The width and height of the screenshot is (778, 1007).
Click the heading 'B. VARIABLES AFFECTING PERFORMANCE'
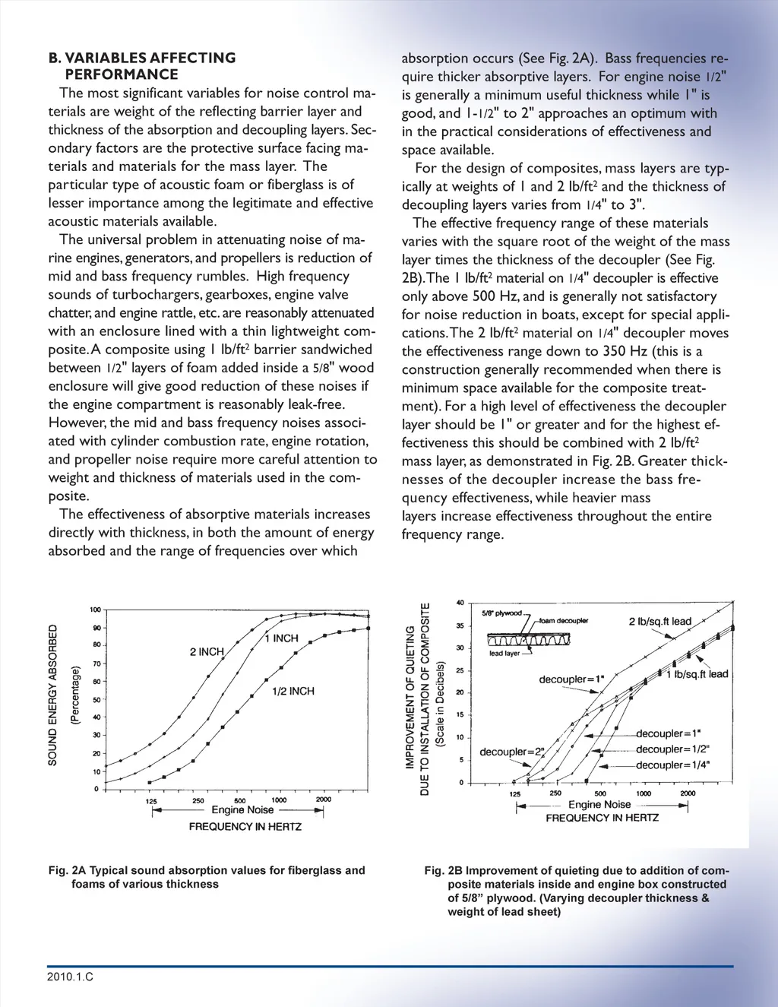pyautogui.click(x=141, y=66)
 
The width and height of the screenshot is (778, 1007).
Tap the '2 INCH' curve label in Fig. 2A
pyautogui.click(x=207, y=651)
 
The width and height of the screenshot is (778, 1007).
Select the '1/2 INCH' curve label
pyautogui.click(x=293, y=691)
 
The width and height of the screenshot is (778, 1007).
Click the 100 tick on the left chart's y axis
pyautogui.click(x=95, y=610)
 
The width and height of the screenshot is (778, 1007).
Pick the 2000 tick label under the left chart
pyautogui.click(x=324, y=800)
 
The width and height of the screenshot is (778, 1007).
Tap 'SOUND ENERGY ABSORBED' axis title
pyautogui.click(x=52, y=695)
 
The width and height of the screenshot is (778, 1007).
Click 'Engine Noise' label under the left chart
pyautogui.click(x=242, y=810)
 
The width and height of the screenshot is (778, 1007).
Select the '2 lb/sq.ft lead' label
pyautogui.click(x=659, y=621)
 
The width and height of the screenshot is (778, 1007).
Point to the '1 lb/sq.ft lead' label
pyautogui.click(x=697, y=674)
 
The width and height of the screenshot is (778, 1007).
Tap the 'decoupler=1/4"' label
pyautogui.click(x=672, y=765)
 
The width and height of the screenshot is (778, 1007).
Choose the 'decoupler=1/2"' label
pyautogui.click(x=672, y=749)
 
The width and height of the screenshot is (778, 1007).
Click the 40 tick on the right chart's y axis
pyautogui.click(x=460, y=603)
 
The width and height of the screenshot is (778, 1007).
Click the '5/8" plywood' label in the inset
pyautogui.click(x=501, y=613)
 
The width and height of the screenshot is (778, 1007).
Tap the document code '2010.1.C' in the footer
pyautogui.click(x=70, y=977)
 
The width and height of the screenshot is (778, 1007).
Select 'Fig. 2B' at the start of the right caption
pyautogui.click(x=443, y=870)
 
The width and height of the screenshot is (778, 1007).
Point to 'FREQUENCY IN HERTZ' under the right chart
pyautogui.click(x=602, y=818)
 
